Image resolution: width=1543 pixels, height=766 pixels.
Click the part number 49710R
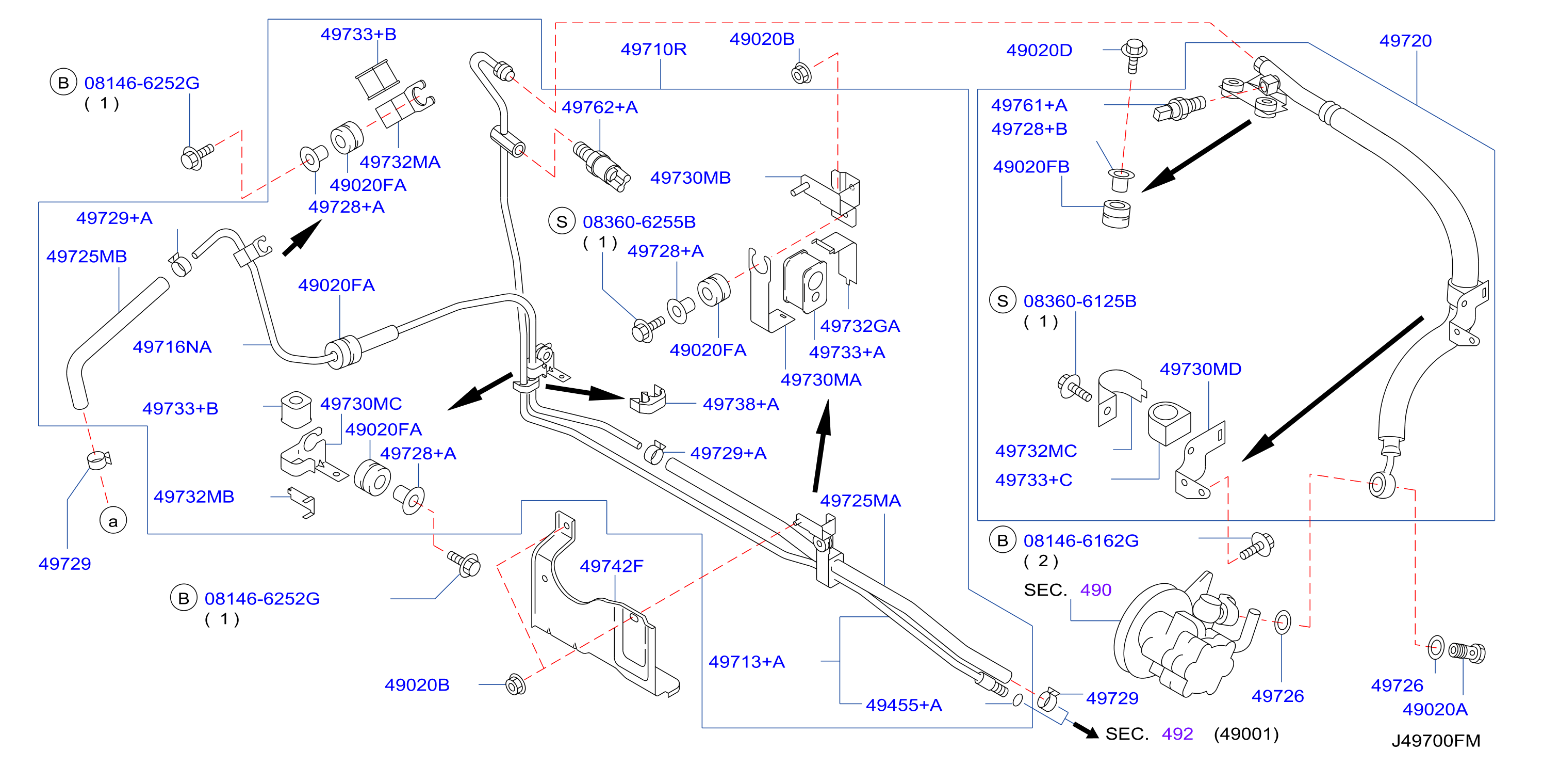point(653,49)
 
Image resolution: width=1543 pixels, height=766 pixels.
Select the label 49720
point(1405,41)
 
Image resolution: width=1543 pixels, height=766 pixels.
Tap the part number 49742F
point(612,566)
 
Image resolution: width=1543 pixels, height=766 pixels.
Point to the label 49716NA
point(172,346)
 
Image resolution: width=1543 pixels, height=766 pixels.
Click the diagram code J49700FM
point(1436,741)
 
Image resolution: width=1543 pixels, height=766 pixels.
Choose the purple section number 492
point(1177,733)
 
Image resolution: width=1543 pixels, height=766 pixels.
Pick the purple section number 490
point(1095,590)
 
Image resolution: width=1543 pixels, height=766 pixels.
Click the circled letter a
point(113,520)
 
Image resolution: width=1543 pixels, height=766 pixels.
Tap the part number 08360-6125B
point(1079,301)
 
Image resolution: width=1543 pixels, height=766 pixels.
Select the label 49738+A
point(741,404)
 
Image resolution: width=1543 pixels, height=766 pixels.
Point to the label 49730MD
point(1201,369)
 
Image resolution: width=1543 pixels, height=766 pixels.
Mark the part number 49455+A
point(904,705)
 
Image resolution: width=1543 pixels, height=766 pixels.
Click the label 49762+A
point(600,107)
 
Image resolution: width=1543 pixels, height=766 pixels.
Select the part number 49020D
point(1039,51)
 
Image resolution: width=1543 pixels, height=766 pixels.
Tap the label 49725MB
point(87,257)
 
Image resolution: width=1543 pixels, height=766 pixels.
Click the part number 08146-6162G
point(1080,540)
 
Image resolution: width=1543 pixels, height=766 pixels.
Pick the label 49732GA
point(860,326)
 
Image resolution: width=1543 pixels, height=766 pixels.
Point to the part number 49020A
point(1435,710)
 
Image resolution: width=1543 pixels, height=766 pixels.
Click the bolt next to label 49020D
point(1134,56)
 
